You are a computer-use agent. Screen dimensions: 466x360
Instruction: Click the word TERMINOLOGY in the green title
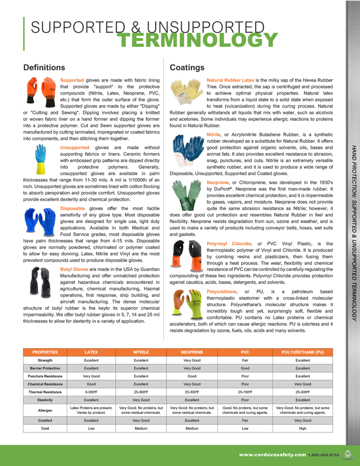pyautogui.click(x=198, y=41)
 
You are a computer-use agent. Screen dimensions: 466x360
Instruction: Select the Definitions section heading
pyautogui.click(x=44, y=68)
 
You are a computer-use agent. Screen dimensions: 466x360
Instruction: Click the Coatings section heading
pyautogui.click(x=187, y=68)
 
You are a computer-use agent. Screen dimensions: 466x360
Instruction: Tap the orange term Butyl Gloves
pyautogui.click(x=74, y=269)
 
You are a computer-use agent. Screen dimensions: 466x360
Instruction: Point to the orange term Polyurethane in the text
pyautogui.click(x=221, y=292)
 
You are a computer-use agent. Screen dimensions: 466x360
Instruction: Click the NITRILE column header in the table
pyautogui.click(x=141, y=352)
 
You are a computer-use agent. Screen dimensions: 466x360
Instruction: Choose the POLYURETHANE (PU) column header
pyautogui.click(x=302, y=352)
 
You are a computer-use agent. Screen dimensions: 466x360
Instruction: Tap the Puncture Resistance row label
pyautogui.click(x=45, y=376)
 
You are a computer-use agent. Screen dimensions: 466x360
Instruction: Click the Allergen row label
pyautogui.click(x=45, y=411)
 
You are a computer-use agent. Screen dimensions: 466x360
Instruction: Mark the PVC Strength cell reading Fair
pyautogui.click(x=245, y=360)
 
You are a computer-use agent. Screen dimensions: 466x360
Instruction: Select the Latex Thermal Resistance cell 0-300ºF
pyautogui.click(x=91, y=392)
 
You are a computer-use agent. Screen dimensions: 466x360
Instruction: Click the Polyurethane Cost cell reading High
pyautogui.click(x=302, y=429)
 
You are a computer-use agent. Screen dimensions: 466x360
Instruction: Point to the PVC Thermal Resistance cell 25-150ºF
pyautogui.click(x=245, y=392)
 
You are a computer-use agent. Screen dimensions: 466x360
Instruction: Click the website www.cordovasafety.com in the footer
pyautogui.click(x=272, y=455)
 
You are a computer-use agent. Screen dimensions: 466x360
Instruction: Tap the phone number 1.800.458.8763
pyautogui.click(x=323, y=456)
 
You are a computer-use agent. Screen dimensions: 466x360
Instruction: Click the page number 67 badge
pyautogui.click(x=348, y=455)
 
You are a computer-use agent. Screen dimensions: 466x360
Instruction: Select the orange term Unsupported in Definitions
pyautogui.click(x=75, y=148)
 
